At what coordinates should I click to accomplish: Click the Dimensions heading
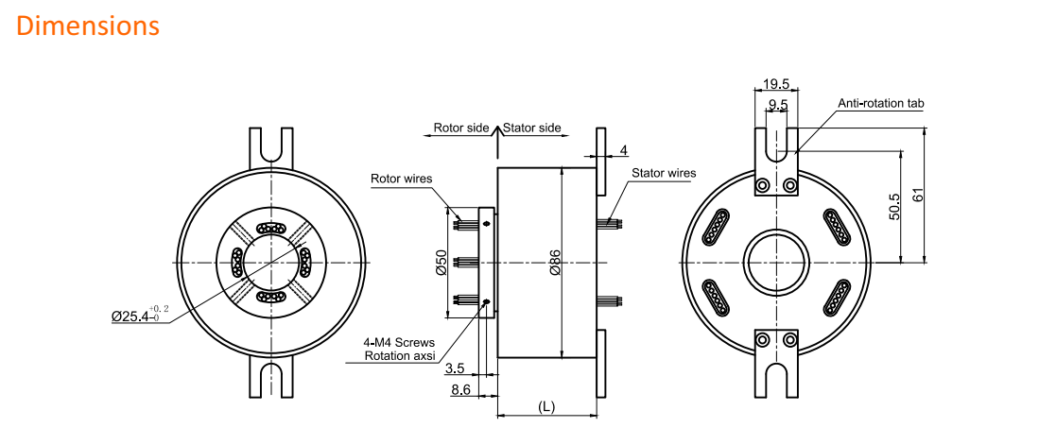tap(88, 26)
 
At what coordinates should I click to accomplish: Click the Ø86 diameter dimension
tap(555, 261)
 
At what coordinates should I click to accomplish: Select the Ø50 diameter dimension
tap(442, 263)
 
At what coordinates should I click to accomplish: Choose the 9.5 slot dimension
tap(778, 104)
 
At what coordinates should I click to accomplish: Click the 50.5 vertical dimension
tap(894, 207)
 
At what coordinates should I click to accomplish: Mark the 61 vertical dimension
tap(918, 196)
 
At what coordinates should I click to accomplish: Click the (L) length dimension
tap(545, 406)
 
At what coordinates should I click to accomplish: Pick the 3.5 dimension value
tap(454, 368)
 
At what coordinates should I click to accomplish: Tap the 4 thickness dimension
tap(624, 150)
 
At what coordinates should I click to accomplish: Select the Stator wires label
tap(664, 173)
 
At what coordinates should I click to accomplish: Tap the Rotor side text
tap(461, 128)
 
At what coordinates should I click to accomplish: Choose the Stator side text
tap(532, 128)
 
